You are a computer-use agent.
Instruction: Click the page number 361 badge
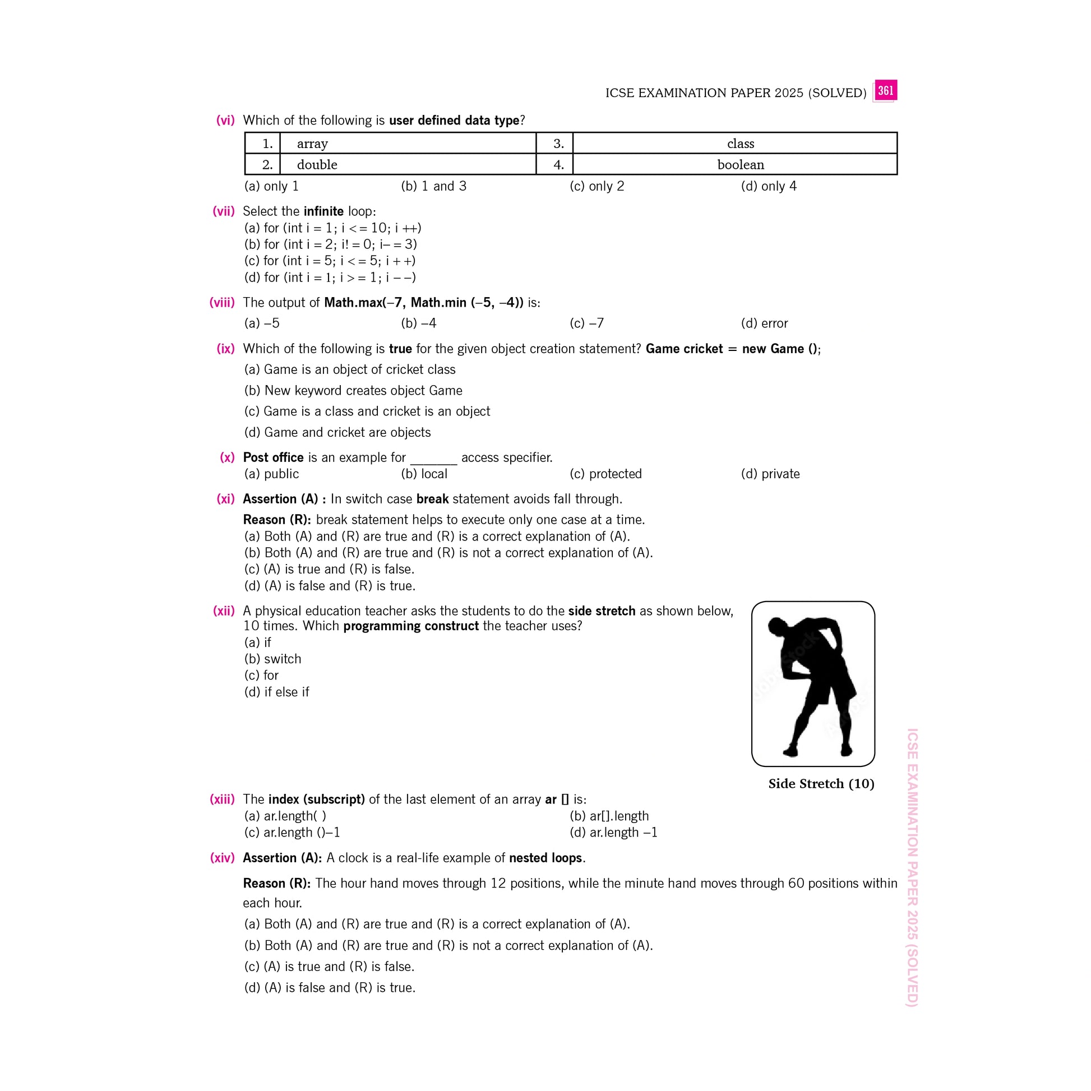coord(885,90)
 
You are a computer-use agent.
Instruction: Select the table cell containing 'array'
coord(407,144)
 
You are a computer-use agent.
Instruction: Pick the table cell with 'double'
coord(407,164)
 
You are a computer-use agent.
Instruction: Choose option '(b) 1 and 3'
coord(433,186)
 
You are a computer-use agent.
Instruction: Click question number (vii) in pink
coord(223,211)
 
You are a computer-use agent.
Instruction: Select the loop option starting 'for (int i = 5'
coord(330,261)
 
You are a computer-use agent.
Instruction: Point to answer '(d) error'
coord(764,323)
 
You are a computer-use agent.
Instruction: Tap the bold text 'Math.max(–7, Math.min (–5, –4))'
coord(423,303)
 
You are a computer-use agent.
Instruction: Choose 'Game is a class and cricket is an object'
coord(367,411)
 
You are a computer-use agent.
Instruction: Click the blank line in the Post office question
coord(433,459)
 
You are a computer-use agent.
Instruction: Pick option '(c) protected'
coord(605,474)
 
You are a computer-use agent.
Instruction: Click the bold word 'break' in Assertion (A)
coord(432,499)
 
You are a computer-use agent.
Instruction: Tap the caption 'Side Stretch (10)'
coord(821,784)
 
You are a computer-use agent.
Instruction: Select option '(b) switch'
coord(272,659)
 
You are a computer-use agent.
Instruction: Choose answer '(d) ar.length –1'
coord(613,833)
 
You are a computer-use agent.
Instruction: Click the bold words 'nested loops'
coord(545,858)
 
